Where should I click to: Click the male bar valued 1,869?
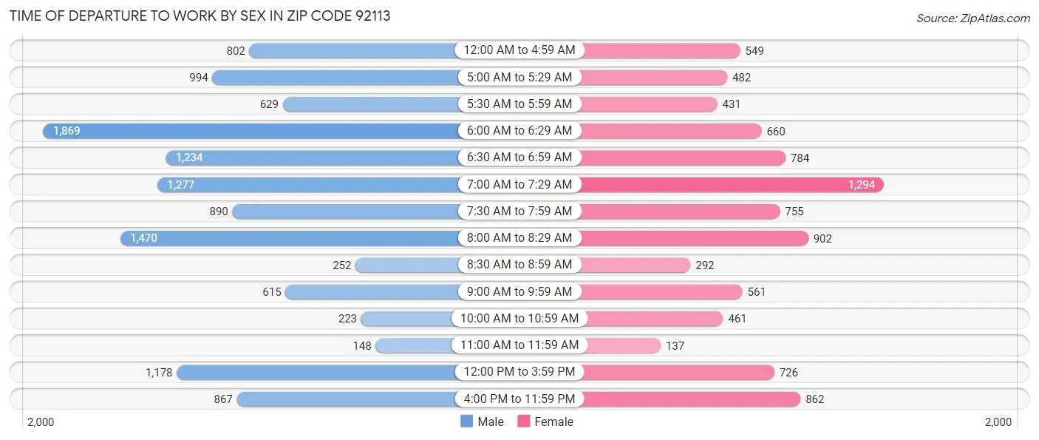click(x=251, y=131)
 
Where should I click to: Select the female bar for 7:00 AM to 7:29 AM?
click(x=732, y=185)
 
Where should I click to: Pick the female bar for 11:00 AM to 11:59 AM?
click(x=621, y=345)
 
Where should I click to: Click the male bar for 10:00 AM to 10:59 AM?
click(x=406, y=319)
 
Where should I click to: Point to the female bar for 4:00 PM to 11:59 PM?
click(x=691, y=399)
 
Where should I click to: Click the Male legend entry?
click(x=482, y=422)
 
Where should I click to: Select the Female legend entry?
click(x=545, y=422)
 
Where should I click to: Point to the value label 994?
click(x=198, y=78)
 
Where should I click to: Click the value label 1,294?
click(x=862, y=185)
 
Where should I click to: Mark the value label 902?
click(x=822, y=238)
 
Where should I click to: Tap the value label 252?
click(x=341, y=265)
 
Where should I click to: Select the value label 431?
click(x=731, y=104)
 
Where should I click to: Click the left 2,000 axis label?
click(x=41, y=422)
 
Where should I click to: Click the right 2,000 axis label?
click(x=998, y=422)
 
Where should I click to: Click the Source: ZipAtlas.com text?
click(x=972, y=18)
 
